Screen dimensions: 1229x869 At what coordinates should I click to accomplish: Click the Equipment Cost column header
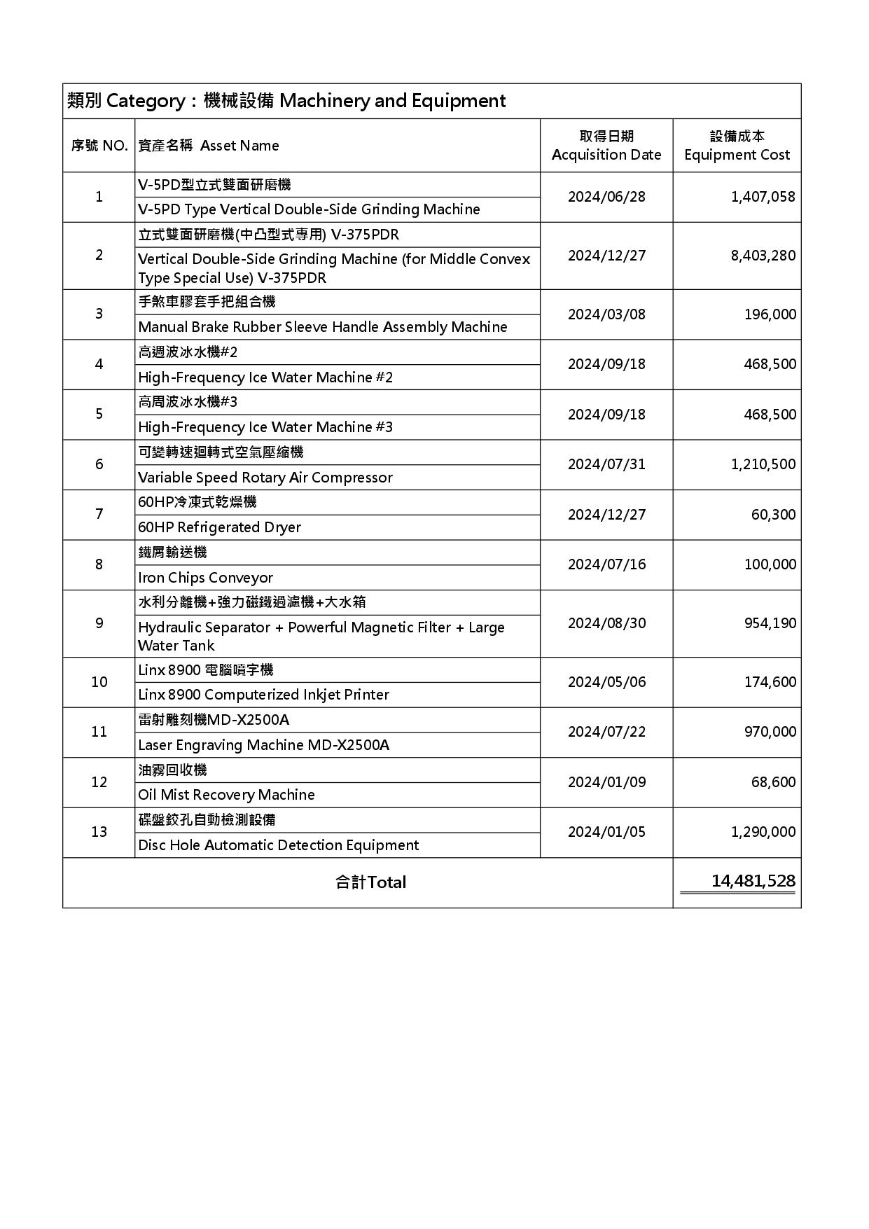pos(737,146)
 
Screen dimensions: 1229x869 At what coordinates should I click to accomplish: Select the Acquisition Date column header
pos(606,146)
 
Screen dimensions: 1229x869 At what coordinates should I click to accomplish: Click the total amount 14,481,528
pos(753,881)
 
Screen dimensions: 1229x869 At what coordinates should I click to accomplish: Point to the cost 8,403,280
pos(763,256)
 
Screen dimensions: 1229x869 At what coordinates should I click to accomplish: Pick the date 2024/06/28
pos(606,197)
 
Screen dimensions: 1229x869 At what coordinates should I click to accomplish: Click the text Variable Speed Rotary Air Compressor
pos(265,478)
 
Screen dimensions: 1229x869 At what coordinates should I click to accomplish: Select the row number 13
pos(99,832)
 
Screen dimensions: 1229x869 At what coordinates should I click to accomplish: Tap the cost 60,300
pos(773,515)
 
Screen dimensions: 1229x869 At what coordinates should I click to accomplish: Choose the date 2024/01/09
pos(606,782)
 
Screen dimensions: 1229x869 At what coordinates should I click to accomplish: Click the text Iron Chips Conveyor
pos(205,578)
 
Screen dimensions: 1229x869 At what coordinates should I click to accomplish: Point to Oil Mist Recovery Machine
pos(226,795)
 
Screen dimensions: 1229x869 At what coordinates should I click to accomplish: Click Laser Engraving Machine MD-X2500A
pos(263,745)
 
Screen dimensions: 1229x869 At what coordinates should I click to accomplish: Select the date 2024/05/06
pos(606,682)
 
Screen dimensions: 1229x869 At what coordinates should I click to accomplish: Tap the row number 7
pos(99,514)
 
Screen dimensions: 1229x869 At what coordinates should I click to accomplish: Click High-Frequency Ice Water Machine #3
pos(265,427)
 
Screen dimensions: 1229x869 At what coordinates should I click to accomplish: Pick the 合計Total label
pos(370,882)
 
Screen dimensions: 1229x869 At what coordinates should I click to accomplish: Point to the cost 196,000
pos(770,314)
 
